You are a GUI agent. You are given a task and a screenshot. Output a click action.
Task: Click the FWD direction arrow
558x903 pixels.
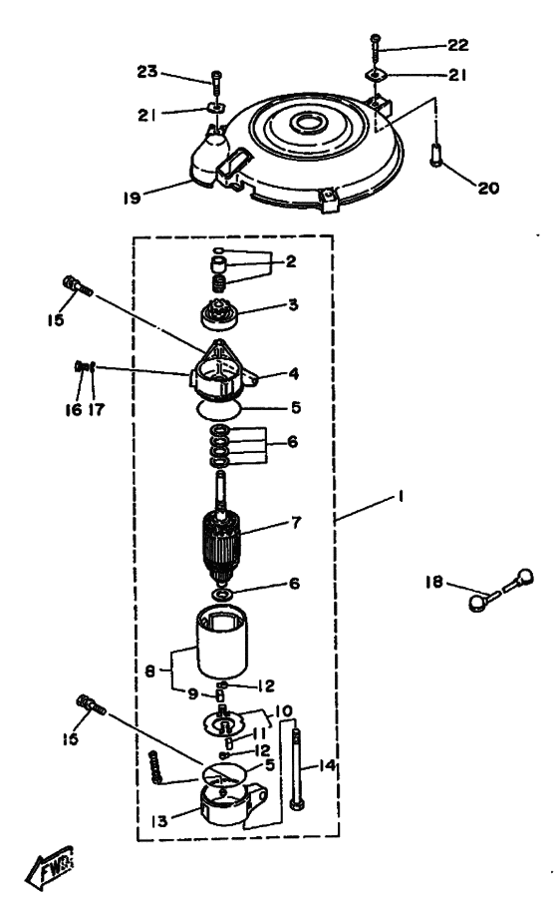[x=50, y=865]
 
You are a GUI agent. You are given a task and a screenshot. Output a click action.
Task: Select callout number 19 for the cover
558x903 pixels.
[x=132, y=199]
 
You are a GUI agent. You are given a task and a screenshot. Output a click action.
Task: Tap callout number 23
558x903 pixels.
[x=147, y=72]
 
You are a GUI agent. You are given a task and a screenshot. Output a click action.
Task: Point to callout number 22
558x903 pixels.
[x=458, y=45]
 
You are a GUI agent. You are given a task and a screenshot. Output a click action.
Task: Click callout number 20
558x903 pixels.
[x=488, y=188]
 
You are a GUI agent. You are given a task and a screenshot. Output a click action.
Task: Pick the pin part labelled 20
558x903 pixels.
[x=436, y=155]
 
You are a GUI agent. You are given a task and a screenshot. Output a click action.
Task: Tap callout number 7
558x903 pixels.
[x=296, y=523]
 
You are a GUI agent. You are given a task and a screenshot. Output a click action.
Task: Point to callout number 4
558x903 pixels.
[x=293, y=373]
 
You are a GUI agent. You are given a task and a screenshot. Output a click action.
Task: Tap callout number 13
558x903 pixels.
[x=159, y=820]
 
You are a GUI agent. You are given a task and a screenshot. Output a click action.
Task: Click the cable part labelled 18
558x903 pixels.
[x=501, y=591]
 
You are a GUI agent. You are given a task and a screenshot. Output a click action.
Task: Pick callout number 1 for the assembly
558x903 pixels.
[x=401, y=495]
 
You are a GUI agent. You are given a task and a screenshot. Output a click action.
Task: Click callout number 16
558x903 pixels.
[x=73, y=409]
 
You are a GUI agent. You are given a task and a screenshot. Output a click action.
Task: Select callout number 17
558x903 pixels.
[x=97, y=409]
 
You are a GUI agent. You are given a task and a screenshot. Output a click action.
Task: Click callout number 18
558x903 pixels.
[x=434, y=583]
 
